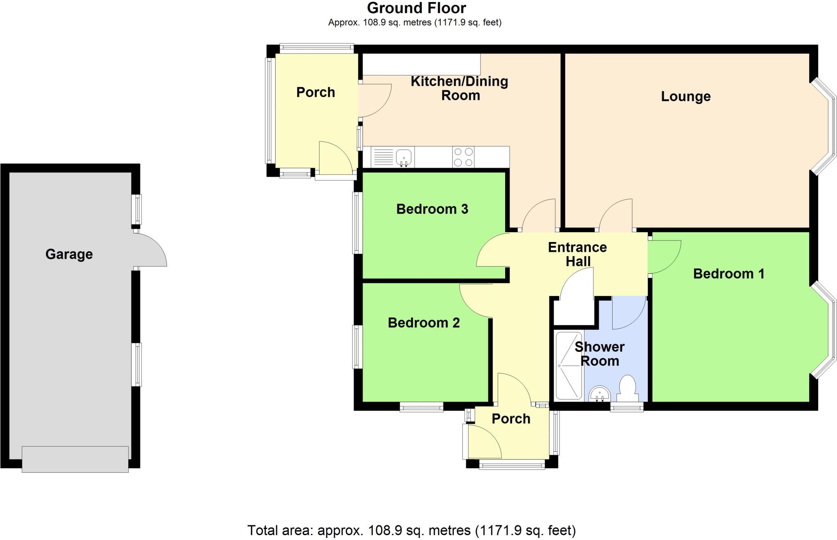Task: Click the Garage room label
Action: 69,254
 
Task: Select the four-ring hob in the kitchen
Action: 463,157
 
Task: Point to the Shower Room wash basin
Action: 600,394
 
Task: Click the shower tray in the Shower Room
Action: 568,366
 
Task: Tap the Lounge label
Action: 686,97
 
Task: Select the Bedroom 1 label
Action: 729,273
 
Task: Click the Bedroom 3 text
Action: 432,209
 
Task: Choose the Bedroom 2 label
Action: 424,323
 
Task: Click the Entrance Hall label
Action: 577,254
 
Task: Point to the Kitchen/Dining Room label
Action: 460,88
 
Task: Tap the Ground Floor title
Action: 416,8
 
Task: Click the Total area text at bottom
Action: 412,530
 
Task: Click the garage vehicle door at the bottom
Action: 75,460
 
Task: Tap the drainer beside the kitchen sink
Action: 383,157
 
